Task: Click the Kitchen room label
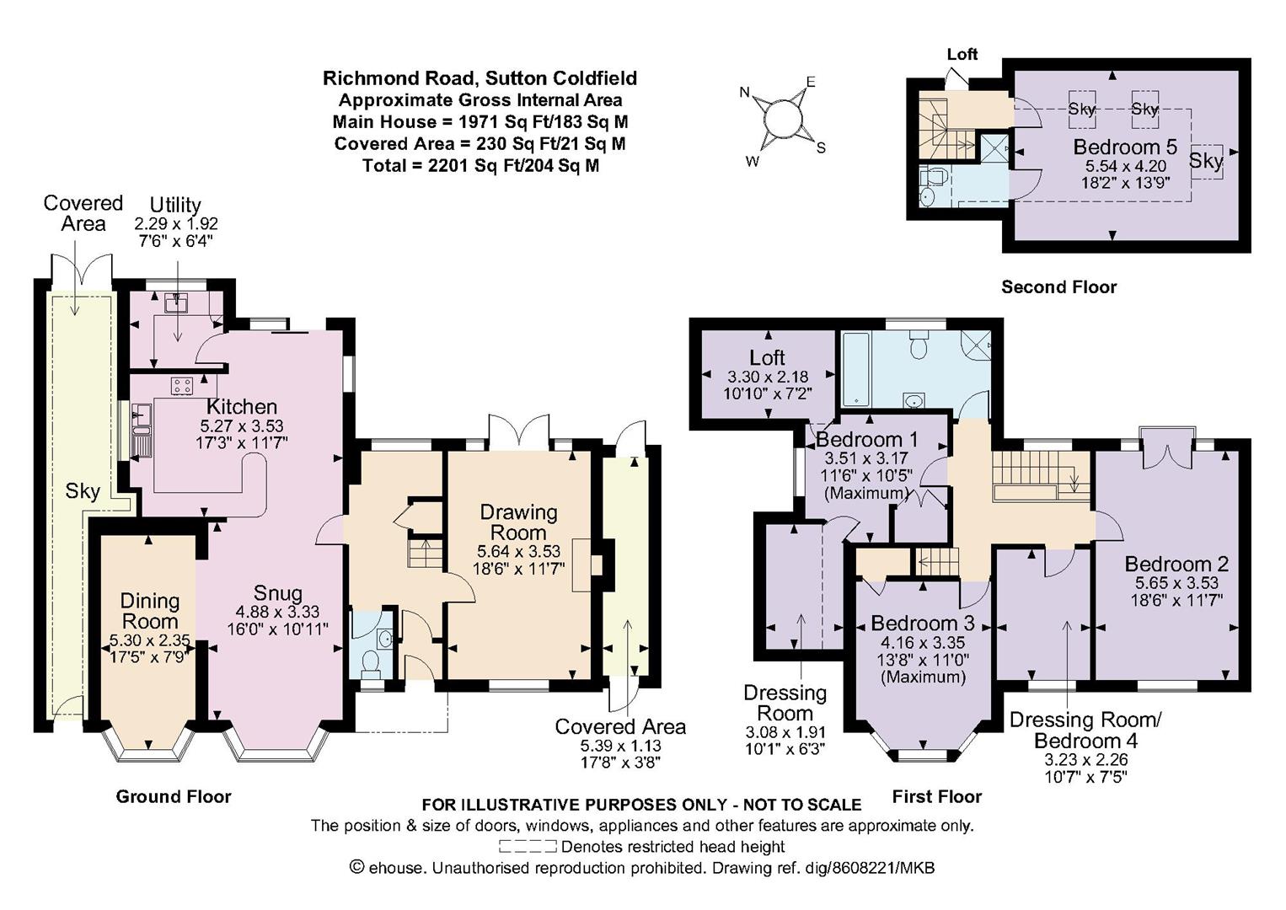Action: pos(242,406)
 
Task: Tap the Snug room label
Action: pos(278,593)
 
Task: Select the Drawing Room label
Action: pos(518,522)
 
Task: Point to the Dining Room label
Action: pos(149,611)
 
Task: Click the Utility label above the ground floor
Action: pos(175,205)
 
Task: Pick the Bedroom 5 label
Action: pos(1125,147)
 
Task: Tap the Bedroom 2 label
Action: pos(1176,564)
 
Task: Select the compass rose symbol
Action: pos(783,120)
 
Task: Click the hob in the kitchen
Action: pos(183,385)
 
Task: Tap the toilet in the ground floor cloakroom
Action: pos(372,663)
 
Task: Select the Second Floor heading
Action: pos(1058,287)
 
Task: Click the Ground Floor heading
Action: pos(174,796)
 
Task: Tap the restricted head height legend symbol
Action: pos(528,846)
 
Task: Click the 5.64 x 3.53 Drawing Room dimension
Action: pos(518,551)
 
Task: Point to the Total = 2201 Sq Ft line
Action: pos(480,166)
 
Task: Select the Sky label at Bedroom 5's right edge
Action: pos(1206,160)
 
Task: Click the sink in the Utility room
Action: pos(176,302)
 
